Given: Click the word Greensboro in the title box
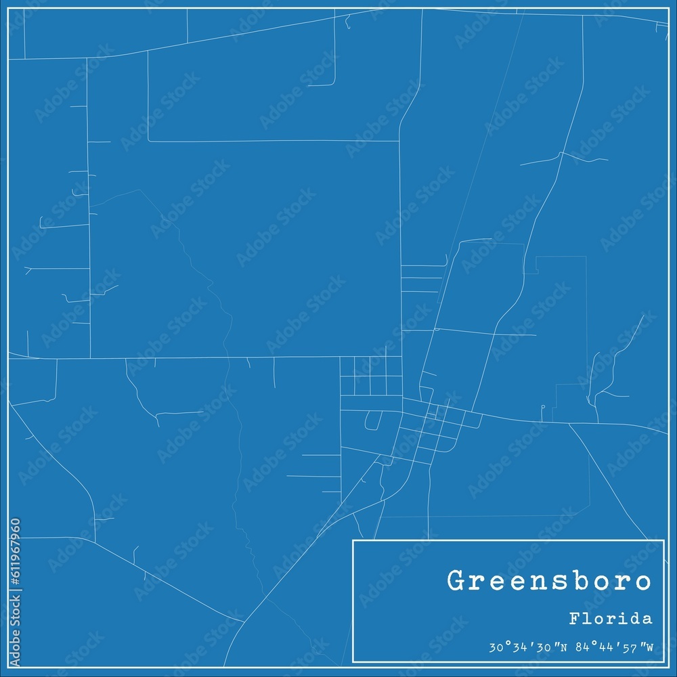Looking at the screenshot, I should (549, 581).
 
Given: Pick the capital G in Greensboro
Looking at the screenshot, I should (455, 581).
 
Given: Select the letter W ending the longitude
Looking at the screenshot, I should (649, 647).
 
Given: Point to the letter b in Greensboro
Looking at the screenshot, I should (577, 581).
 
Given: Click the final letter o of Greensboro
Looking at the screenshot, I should (643, 582).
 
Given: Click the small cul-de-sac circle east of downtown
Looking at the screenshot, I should (543, 407).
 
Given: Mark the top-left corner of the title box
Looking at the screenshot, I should (353, 540).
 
